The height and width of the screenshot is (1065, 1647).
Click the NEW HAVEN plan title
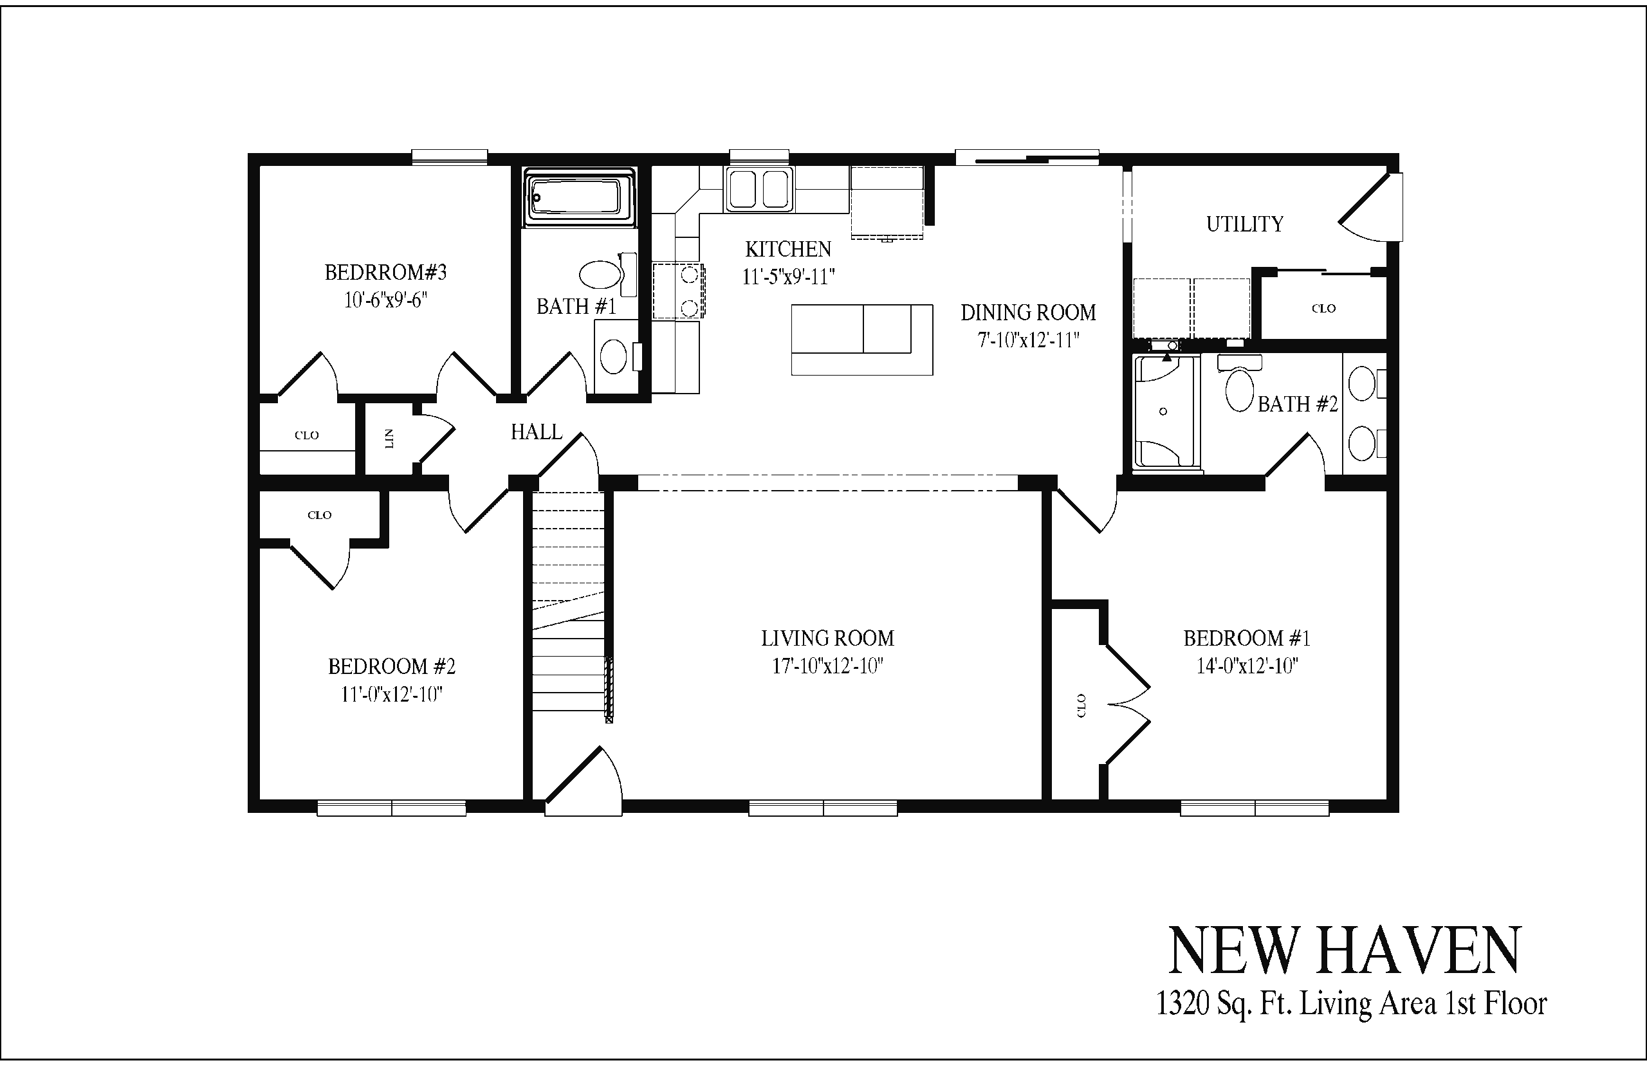[1345, 952]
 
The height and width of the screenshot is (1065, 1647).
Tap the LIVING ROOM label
[827, 637]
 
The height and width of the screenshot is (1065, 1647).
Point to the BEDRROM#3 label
[385, 273]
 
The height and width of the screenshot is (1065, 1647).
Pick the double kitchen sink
[758, 189]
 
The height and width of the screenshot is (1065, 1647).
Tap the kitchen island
[861, 339]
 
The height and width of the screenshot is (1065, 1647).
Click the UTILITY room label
[1244, 224]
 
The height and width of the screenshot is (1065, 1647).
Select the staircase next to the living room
[569, 606]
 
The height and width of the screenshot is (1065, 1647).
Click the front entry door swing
[583, 781]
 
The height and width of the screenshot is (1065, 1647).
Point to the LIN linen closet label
[389, 439]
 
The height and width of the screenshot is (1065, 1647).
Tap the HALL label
[536, 432]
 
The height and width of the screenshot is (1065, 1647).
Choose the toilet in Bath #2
[1240, 384]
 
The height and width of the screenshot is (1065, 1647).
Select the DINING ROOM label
[1028, 313]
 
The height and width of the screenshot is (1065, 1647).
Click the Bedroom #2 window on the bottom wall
[392, 808]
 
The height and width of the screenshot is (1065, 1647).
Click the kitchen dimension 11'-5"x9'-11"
[788, 277]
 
